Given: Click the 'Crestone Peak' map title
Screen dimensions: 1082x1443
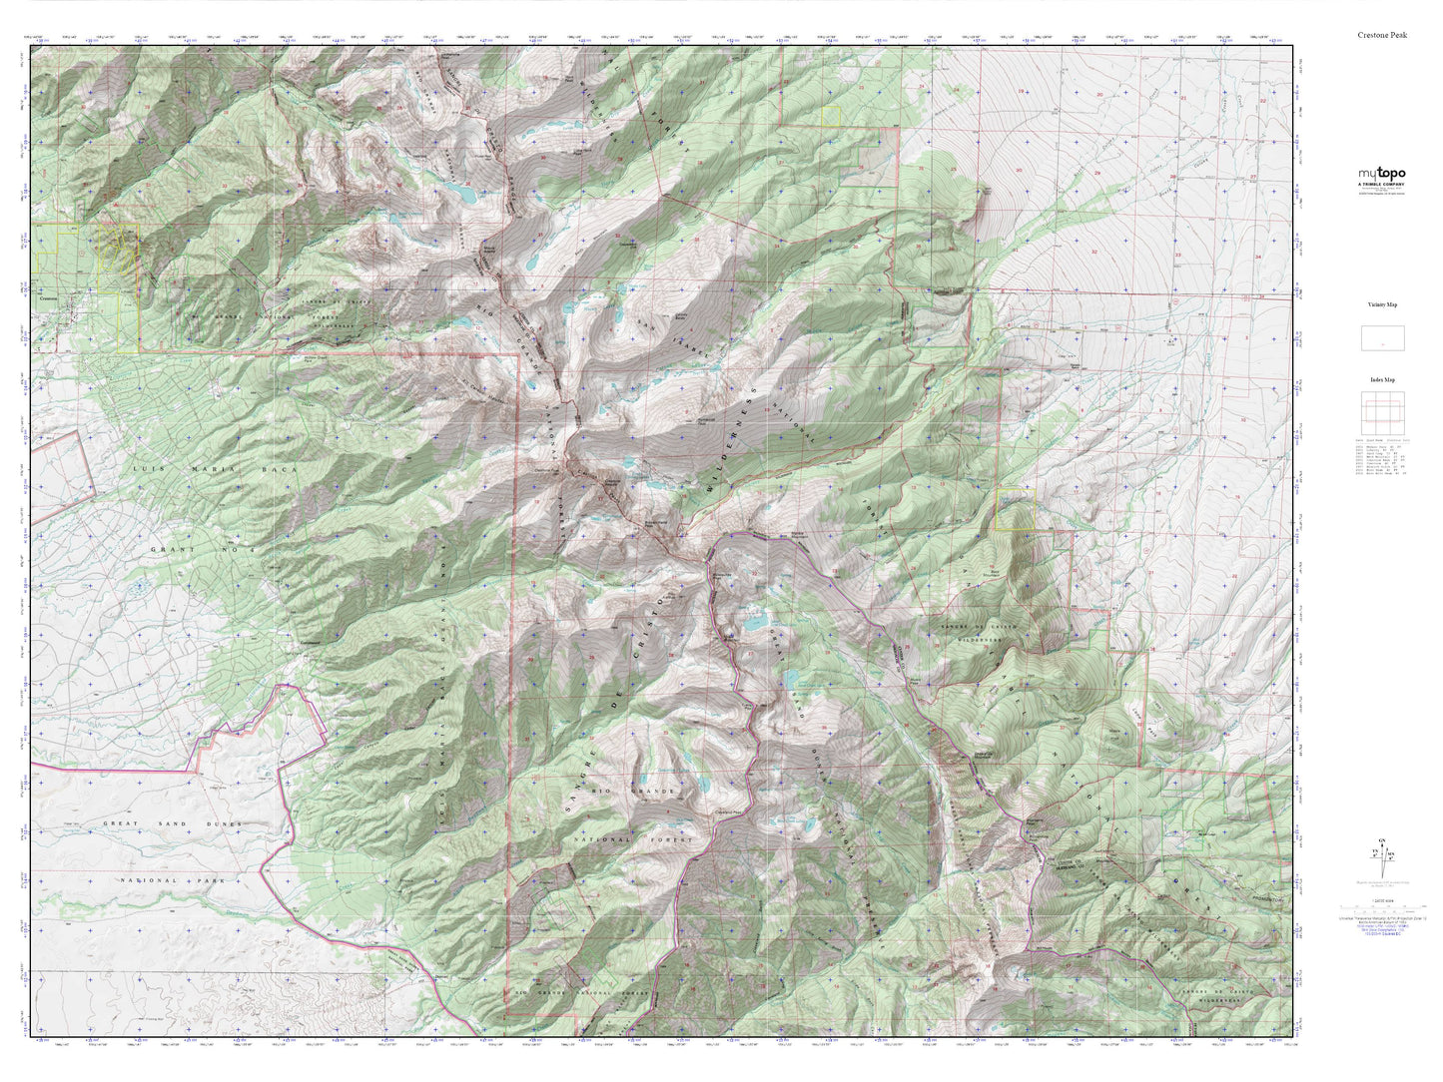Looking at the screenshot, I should pos(1382,34).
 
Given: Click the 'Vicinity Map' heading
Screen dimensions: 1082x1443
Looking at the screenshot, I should pos(1382,304).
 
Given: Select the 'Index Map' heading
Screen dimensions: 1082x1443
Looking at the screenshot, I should pos(1382,379).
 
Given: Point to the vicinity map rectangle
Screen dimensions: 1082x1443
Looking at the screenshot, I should pos(1382,337).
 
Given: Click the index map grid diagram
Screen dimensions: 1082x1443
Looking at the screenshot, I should pos(1382,412).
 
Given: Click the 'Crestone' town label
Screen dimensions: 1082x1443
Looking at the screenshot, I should pos(50,297).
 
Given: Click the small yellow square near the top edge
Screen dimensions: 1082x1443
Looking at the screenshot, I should pos(831,116).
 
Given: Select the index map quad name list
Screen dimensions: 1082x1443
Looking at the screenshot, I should pos(1382,456).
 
